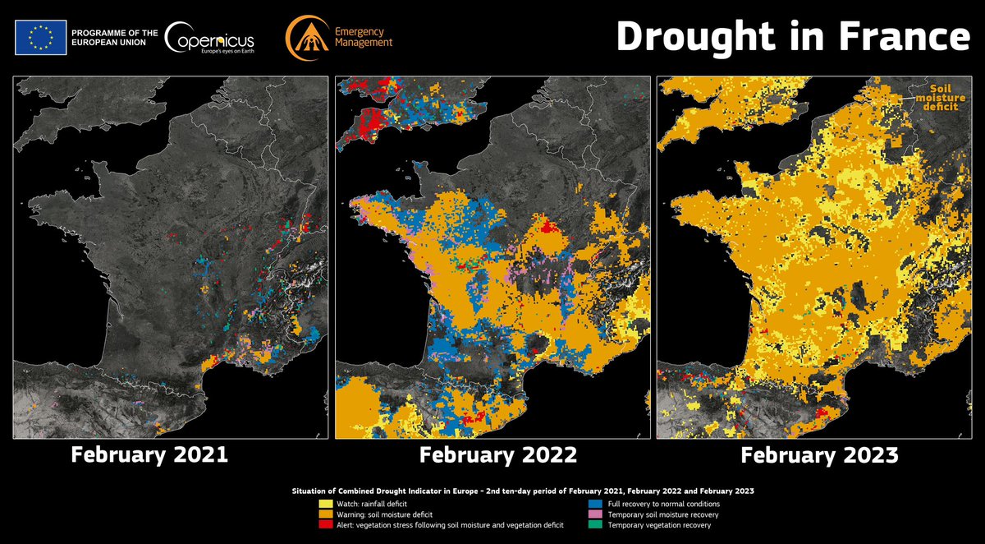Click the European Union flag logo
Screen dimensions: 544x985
tap(40, 36)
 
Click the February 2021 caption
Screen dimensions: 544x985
tap(149, 454)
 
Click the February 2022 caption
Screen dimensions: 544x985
tap(499, 454)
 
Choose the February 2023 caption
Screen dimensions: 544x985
tap(820, 454)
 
